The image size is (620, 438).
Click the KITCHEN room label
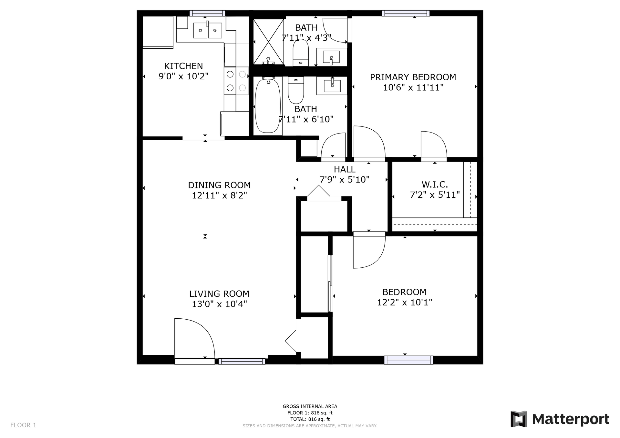coord(183,66)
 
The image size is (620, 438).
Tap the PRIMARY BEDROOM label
coord(413,77)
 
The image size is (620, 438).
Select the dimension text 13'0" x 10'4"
coord(219,304)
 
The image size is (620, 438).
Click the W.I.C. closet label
coord(435,185)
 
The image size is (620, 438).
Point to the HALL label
coord(345,169)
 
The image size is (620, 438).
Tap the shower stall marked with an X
coord(268,41)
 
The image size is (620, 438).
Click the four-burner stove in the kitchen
coord(236,81)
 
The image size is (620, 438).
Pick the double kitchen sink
coord(207,30)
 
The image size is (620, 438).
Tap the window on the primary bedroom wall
coord(406,13)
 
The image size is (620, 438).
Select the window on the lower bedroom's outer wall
coord(408,360)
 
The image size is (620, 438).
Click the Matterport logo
coord(560,419)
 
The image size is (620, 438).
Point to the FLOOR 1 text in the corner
coord(23,425)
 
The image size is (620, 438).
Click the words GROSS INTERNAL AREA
coord(310,406)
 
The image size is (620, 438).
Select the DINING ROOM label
coord(219,185)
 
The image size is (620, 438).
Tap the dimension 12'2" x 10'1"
coord(404,303)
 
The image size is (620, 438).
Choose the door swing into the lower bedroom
coord(368,252)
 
